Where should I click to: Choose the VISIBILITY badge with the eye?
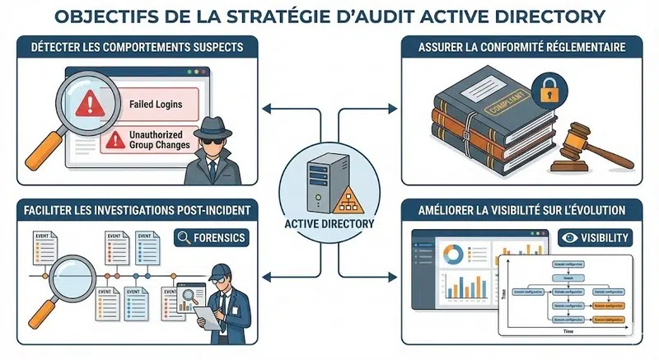coord(595,238)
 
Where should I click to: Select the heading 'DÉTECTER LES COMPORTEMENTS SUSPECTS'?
coord(137,47)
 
